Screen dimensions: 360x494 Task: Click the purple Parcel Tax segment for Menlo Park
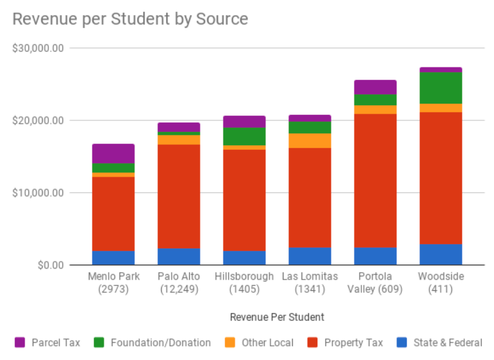pos(113,153)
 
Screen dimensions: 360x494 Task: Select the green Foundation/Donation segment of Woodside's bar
pos(441,88)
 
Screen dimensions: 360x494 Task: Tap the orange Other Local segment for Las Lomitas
pos(310,140)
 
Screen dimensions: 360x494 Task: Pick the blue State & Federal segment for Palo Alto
pos(179,256)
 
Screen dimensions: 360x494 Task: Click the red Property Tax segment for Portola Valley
pos(375,181)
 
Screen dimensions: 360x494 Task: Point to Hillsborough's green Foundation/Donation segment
pos(244,136)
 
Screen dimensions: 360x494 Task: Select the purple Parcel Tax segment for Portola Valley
pos(375,87)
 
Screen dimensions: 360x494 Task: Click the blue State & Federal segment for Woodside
pos(441,254)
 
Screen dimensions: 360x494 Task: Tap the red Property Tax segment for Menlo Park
pos(113,214)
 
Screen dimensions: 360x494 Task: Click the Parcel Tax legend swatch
pos(20,342)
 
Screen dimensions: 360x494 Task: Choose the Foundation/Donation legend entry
pos(160,342)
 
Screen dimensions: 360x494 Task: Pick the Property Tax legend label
pos(353,342)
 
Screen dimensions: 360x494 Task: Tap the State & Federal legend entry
pos(447,342)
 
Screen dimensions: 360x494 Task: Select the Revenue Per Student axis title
pos(277,317)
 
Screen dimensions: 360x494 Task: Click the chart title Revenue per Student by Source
pos(130,19)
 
